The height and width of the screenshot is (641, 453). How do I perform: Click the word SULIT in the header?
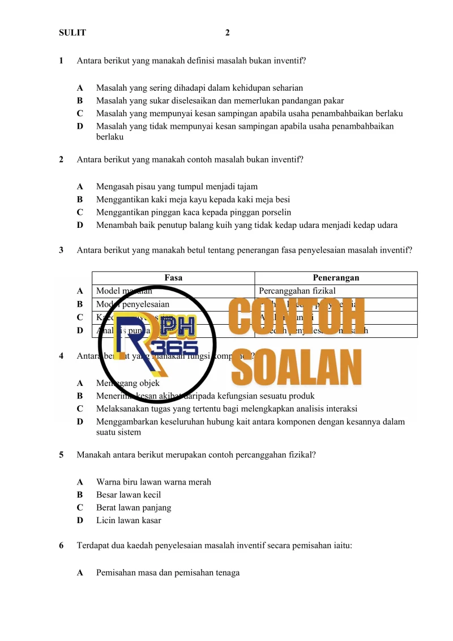point(72,33)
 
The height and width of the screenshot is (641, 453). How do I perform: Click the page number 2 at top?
point(227,33)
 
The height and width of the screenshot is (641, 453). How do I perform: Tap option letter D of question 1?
point(80,126)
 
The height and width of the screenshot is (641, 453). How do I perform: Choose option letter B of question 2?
point(80,199)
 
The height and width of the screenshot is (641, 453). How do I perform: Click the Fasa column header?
point(173,278)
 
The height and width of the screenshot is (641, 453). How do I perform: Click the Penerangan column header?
point(336,278)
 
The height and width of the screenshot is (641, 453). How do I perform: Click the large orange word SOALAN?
point(297,367)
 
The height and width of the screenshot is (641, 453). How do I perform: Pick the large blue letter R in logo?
point(136,340)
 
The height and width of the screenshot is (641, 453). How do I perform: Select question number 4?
point(61,356)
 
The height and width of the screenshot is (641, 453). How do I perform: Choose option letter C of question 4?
point(80,409)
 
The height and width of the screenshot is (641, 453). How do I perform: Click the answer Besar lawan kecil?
point(129,495)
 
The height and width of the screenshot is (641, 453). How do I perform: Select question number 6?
point(61,546)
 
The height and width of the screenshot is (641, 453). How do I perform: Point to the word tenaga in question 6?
point(227,573)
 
